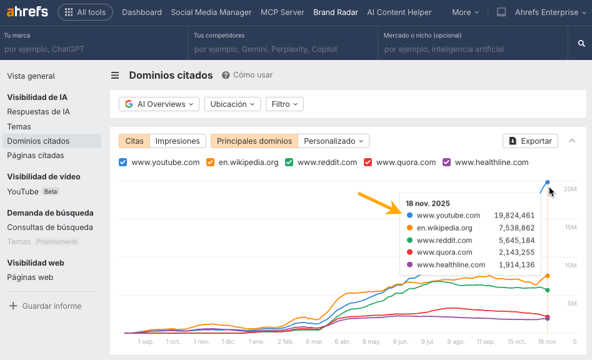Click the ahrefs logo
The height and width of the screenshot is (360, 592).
click(27, 12)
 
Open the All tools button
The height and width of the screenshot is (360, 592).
click(85, 12)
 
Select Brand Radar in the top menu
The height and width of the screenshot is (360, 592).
click(336, 12)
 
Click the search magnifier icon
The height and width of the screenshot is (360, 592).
click(581, 43)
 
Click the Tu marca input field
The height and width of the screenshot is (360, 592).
click(94, 49)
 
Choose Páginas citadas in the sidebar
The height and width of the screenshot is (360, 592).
click(36, 155)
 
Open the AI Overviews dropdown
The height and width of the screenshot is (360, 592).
click(159, 104)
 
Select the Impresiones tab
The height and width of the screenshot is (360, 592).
click(178, 141)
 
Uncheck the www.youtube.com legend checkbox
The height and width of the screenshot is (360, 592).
click(123, 162)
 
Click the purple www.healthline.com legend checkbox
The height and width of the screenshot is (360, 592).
click(446, 162)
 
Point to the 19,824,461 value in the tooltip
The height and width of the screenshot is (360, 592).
click(514, 216)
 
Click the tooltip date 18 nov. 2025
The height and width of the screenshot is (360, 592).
click(428, 203)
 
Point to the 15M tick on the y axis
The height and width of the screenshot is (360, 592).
click(570, 227)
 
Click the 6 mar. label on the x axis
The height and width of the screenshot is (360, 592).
click(314, 342)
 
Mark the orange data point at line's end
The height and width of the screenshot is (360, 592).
click(548, 276)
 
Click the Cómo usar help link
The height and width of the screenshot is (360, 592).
click(253, 75)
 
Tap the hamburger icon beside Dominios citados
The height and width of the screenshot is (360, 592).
click(115, 76)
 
